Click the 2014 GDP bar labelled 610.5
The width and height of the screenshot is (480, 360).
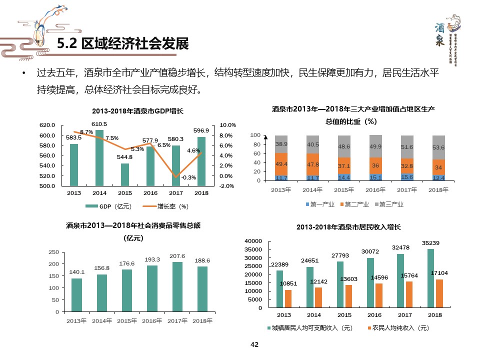tap(99, 158)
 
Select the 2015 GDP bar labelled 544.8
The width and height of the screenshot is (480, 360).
tap(125, 174)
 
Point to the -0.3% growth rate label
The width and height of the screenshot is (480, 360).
tap(188, 177)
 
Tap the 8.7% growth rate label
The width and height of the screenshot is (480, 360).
tap(86, 132)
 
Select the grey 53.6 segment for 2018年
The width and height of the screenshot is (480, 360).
tap(438, 147)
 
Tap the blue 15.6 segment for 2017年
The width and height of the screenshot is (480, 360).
tap(407, 177)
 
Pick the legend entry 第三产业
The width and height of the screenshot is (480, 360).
tap(388, 204)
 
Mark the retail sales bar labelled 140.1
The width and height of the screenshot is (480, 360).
tap(76, 295)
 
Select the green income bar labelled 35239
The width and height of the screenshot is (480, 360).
tap(430, 278)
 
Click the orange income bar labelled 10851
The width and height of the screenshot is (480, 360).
tap(288, 299)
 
